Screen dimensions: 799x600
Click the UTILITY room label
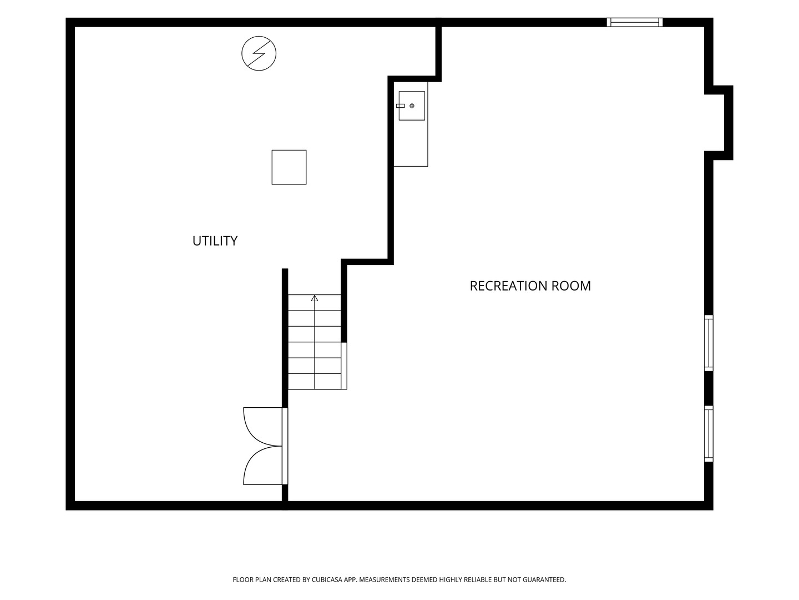215,241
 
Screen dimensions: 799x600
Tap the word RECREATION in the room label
508,286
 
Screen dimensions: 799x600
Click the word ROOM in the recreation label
571,286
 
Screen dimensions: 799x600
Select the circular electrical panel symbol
259,53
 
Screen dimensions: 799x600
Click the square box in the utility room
289,167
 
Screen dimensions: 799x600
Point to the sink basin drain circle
412,106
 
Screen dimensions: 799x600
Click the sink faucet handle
400,106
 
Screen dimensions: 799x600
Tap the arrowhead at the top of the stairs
315,298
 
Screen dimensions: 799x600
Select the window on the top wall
634,22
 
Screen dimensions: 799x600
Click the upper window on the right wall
709,343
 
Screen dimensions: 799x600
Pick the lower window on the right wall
709,433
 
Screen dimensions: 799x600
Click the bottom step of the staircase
315,382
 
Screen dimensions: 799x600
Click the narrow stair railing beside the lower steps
343,366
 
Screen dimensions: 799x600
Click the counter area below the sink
411,143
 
